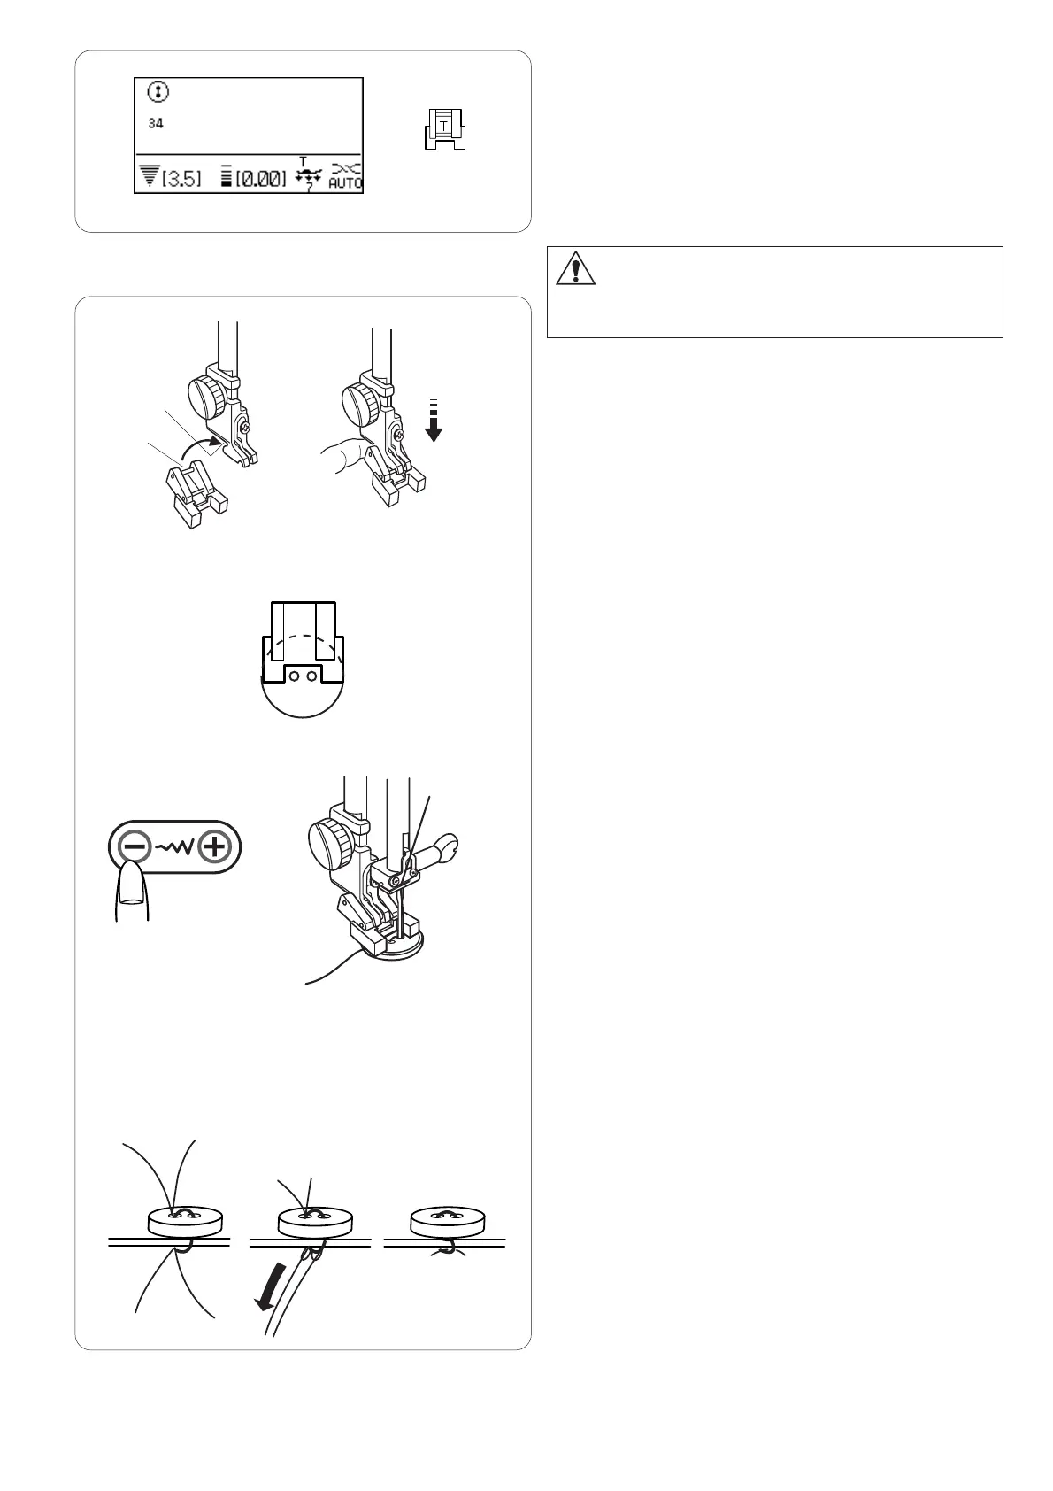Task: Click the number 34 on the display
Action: [x=156, y=123]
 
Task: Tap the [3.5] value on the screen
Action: [x=181, y=178]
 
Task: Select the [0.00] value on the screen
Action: [x=261, y=178]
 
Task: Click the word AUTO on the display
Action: [x=344, y=183]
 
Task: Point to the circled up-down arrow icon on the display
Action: [x=158, y=92]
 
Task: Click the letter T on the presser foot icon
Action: [x=443, y=125]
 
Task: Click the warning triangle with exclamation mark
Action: [x=575, y=268]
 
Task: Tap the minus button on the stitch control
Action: [x=135, y=847]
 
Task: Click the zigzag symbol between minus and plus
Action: [x=174, y=847]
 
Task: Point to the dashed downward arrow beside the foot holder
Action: [x=433, y=421]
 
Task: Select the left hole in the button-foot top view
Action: [x=294, y=676]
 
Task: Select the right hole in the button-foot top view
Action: [x=311, y=676]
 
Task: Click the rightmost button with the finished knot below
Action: [x=447, y=1221]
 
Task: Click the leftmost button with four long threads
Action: [x=184, y=1221]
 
